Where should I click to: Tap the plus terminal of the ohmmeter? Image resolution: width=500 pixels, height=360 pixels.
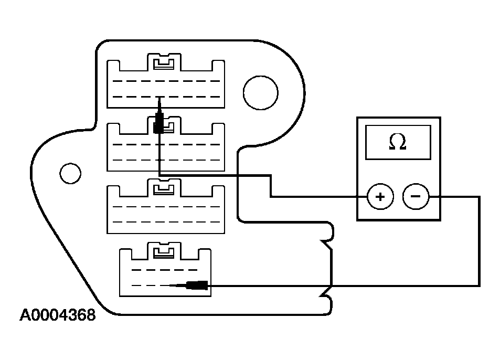pyautogui.click(x=380, y=197)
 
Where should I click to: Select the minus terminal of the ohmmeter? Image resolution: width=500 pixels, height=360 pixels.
pyautogui.click(x=416, y=197)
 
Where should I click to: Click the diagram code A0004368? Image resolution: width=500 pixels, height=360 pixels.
pyautogui.click(x=58, y=315)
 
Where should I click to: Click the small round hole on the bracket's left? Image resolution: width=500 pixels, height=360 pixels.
pyautogui.click(x=70, y=172)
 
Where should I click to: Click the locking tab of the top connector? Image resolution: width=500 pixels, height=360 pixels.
pyautogui.click(x=165, y=63)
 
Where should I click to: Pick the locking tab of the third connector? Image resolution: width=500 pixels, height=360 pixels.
pyautogui.click(x=165, y=189)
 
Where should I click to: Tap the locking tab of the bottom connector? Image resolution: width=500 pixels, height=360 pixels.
pyautogui.click(x=165, y=252)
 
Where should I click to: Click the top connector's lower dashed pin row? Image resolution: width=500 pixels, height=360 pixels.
pyautogui.click(x=166, y=97)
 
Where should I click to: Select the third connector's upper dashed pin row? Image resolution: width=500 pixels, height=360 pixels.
pyautogui.click(x=166, y=206)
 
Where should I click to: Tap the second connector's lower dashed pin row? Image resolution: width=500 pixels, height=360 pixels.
pyautogui.click(x=166, y=160)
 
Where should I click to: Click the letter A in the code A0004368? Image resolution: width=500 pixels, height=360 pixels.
pyautogui.click(x=25, y=315)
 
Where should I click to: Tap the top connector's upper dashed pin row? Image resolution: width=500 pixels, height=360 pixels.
pyautogui.click(x=166, y=81)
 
